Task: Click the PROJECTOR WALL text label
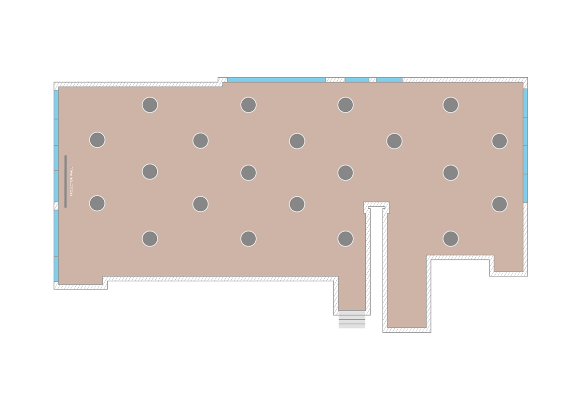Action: (71, 181)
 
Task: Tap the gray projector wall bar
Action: (66, 181)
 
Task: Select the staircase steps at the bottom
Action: (352, 319)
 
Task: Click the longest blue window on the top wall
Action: (276, 80)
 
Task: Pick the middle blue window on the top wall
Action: (357, 80)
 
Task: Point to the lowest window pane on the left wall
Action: (56, 269)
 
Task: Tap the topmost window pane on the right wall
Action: (525, 103)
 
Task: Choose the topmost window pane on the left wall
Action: (56, 104)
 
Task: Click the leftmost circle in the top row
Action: (150, 105)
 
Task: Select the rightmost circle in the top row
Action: (451, 105)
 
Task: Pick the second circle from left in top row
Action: (249, 105)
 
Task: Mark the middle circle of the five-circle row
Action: (297, 141)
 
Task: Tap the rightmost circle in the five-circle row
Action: (499, 141)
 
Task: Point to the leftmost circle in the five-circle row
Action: (97, 140)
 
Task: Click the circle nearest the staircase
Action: (346, 238)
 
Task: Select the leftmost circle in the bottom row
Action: (150, 238)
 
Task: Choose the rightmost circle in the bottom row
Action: (451, 238)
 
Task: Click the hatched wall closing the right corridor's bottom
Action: (407, 330)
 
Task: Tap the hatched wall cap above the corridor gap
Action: (376, 205)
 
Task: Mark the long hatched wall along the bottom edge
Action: (220, 278)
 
